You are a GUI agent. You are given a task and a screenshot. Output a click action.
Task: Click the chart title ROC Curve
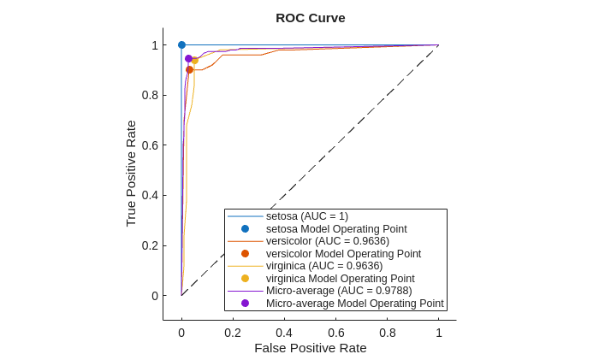click(310, 17)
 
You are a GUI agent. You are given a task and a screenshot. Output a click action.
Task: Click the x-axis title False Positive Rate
click(310, 347)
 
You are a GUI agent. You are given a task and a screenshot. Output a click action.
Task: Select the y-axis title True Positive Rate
click(131, 173)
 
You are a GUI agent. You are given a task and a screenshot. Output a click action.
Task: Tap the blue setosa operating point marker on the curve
click(181, 44)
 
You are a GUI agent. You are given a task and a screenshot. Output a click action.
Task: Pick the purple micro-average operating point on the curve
click(188, 58)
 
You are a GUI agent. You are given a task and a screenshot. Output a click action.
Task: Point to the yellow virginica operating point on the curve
click(195, 61)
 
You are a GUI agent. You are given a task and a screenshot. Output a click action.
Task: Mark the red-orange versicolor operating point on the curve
click(189, 69)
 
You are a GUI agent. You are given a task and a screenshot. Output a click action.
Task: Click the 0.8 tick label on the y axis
click(150, 95)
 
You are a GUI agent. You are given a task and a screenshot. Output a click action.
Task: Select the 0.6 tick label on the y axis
click(150, 145)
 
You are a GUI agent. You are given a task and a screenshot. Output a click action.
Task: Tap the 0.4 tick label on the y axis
click(150, 195)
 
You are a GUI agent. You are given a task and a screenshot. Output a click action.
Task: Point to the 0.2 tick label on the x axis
click(233, 333)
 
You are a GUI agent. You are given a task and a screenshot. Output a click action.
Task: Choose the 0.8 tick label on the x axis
click(387, 333)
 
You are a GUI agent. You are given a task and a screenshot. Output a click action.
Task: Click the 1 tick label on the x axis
click(439, 333)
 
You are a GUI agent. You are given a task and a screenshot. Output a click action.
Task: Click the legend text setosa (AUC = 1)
click(307, 216)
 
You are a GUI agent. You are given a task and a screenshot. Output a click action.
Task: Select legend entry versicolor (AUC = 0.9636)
click(328, 241)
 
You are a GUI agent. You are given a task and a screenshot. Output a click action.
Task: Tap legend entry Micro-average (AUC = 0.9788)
click(339, 291)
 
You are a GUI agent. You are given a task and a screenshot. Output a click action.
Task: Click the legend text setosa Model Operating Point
click(336, 229)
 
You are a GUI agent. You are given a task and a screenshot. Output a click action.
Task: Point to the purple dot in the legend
click(245, 303)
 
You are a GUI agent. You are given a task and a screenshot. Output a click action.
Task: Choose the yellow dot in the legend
click(245, 278)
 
